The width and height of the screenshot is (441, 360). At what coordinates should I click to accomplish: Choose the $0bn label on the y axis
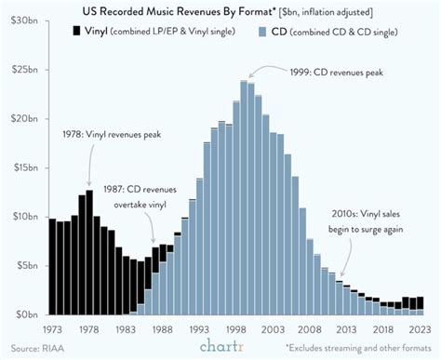point(24,314)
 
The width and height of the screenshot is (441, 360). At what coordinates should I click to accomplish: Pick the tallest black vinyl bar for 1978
point(89,251)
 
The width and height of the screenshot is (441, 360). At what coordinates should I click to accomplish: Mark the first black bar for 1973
point(53,266)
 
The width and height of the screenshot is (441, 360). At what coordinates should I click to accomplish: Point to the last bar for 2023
point(421,306)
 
